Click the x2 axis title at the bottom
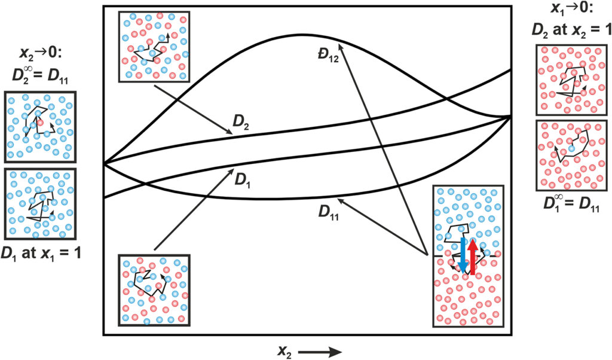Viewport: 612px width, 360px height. point(284,350)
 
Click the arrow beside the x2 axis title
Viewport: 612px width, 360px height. point(319,352)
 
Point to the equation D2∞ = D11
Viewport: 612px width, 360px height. point(41,75)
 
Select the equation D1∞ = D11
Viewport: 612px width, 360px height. point(570,203)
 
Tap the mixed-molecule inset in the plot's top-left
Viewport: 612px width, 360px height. point(154,46)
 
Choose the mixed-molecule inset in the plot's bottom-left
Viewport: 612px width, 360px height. point(154,290)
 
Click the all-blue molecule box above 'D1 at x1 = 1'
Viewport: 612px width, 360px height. point(41,204)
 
